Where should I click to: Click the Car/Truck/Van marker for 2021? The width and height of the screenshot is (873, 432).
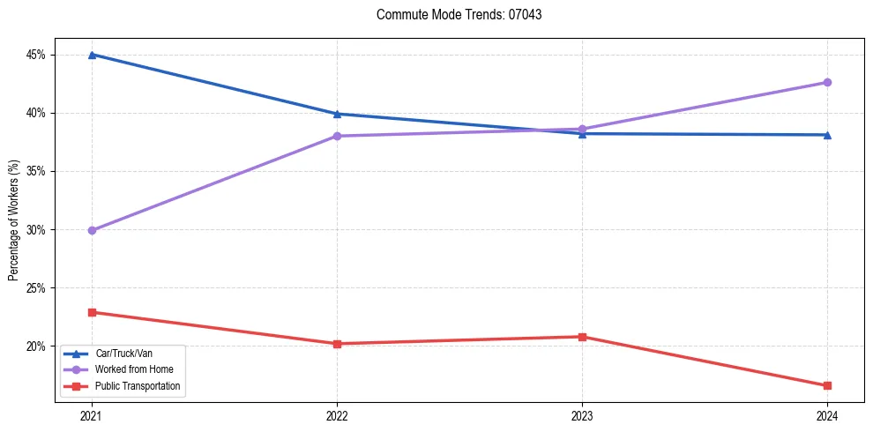tap(92, 55)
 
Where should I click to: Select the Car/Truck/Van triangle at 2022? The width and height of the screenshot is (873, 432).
tap(337, 114)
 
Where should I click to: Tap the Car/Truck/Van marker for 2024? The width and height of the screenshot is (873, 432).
tap(827, 135)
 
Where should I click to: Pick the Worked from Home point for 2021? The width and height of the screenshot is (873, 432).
tap(92, 230)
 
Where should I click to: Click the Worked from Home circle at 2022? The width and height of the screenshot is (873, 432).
tap(337, 136)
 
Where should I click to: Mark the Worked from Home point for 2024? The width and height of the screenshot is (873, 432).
tap(827, 82)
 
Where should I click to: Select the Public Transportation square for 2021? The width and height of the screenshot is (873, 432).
tap(92, 312)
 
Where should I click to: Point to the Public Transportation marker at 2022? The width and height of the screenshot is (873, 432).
tap(337, 344)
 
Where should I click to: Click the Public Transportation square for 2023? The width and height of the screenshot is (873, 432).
tap(582, 337)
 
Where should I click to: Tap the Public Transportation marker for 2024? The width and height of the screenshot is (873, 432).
tap(827, 385)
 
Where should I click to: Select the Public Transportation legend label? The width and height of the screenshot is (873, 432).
tap(138, 385)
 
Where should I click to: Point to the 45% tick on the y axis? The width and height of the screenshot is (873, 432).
tap(35, 55)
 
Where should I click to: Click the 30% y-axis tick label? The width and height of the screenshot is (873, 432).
tap(35, 230)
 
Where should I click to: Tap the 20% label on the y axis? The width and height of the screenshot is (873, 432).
tap(35, 346)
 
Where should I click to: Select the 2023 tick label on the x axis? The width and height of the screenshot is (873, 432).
tap(582, 414)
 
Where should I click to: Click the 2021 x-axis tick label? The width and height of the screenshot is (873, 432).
tap(92, 414)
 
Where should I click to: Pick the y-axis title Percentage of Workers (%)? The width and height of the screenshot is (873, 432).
tap(13, 220)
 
